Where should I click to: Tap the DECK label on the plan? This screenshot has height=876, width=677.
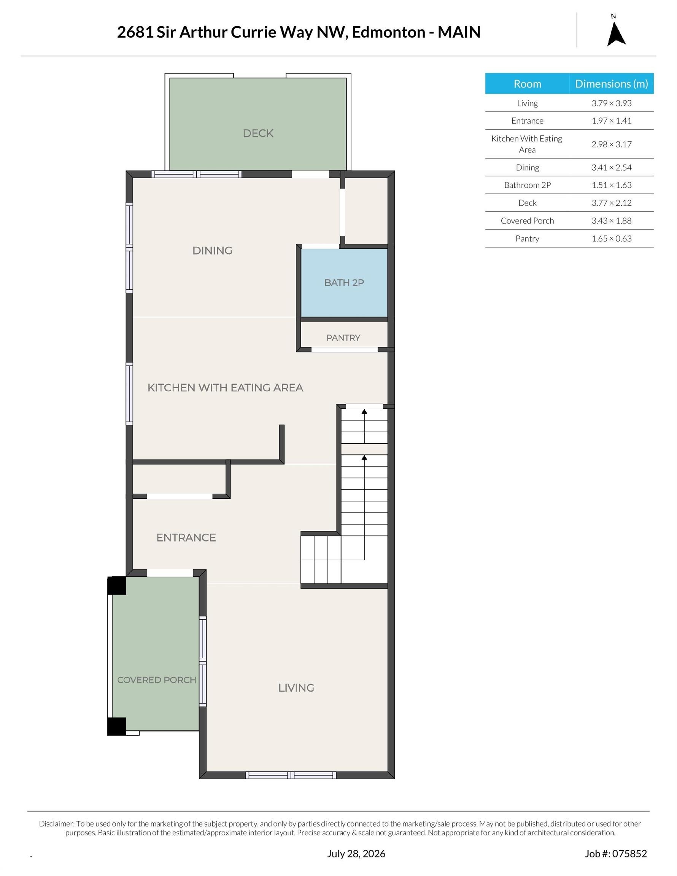tap(258, 133)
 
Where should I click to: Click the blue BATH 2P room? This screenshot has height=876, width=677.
tap(344, 283)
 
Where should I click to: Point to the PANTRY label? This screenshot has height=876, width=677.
tap(343, 338)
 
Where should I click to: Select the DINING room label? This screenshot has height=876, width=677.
tap(212, 251)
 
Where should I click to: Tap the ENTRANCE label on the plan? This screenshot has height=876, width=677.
tap(186, 538)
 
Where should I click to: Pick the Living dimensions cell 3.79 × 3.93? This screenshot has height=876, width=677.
tap(611, 103)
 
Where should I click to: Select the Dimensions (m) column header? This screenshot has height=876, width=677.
tap(611, 84)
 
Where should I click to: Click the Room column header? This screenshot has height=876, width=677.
tap(527, 84)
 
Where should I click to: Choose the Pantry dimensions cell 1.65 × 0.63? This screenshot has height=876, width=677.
tap(611, 239)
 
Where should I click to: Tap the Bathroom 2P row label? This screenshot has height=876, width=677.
tap(527, 185)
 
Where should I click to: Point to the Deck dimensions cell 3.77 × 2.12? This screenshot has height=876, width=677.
tap(611, 203)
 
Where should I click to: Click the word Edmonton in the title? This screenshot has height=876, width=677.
tap(388, 32)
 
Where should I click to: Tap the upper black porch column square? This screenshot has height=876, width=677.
tap(116, 586)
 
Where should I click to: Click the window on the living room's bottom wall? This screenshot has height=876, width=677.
tap(291, 775)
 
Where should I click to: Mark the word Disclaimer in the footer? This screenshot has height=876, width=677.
tap(57, 824)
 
